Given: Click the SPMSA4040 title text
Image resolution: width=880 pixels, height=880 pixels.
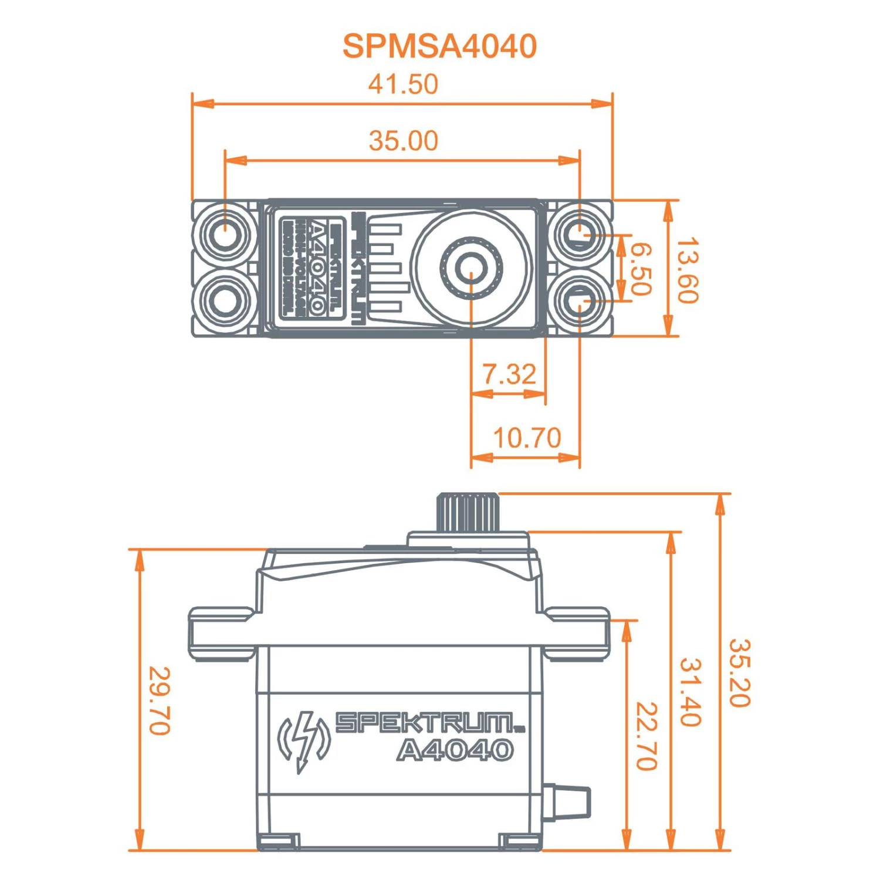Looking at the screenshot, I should point(439,46).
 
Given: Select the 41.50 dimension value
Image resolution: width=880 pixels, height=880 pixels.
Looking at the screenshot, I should point(403,84).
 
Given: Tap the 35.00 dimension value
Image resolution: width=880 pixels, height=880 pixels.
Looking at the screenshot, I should point(403,141).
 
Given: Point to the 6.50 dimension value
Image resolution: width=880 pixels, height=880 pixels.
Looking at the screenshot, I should point(641,269).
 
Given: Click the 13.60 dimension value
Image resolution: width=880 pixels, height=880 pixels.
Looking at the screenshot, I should point(687,270).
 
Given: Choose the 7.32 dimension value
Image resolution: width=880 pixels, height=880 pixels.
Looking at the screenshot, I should point(509,374).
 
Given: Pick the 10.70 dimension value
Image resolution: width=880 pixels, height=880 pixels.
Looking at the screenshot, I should point(527,438).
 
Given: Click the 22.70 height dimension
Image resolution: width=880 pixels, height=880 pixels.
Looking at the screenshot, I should point(647,736).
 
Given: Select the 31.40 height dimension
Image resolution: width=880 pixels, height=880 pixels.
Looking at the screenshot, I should point(691,692).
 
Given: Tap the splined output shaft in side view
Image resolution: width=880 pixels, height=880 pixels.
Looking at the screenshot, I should point(468,513).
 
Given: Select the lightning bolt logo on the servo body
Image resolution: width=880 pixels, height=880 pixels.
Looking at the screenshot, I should point(304,740).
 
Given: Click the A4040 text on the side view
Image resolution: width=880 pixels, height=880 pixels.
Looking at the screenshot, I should point(455,750).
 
